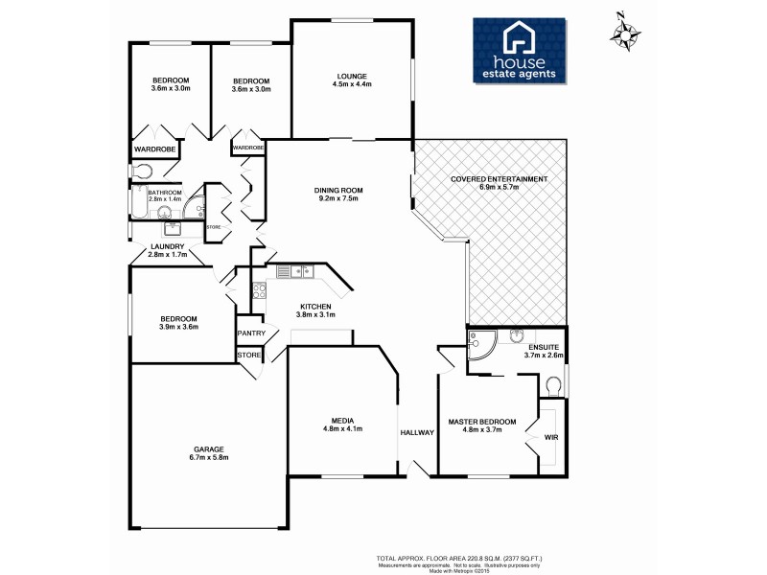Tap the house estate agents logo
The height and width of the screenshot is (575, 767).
tap(519, 49)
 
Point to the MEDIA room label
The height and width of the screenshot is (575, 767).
tap(342, 421)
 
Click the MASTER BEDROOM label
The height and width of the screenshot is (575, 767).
tap(482, 422)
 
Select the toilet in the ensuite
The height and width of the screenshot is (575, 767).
tap(551, 385)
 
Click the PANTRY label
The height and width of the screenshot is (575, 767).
tap(251, 333)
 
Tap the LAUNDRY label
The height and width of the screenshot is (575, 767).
tap(167, 246)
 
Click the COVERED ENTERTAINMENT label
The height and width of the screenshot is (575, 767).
tap(499, 179)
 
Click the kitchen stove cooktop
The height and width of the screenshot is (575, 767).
tap(258, 290)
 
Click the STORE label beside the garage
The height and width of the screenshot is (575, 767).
tap(249, 356)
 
